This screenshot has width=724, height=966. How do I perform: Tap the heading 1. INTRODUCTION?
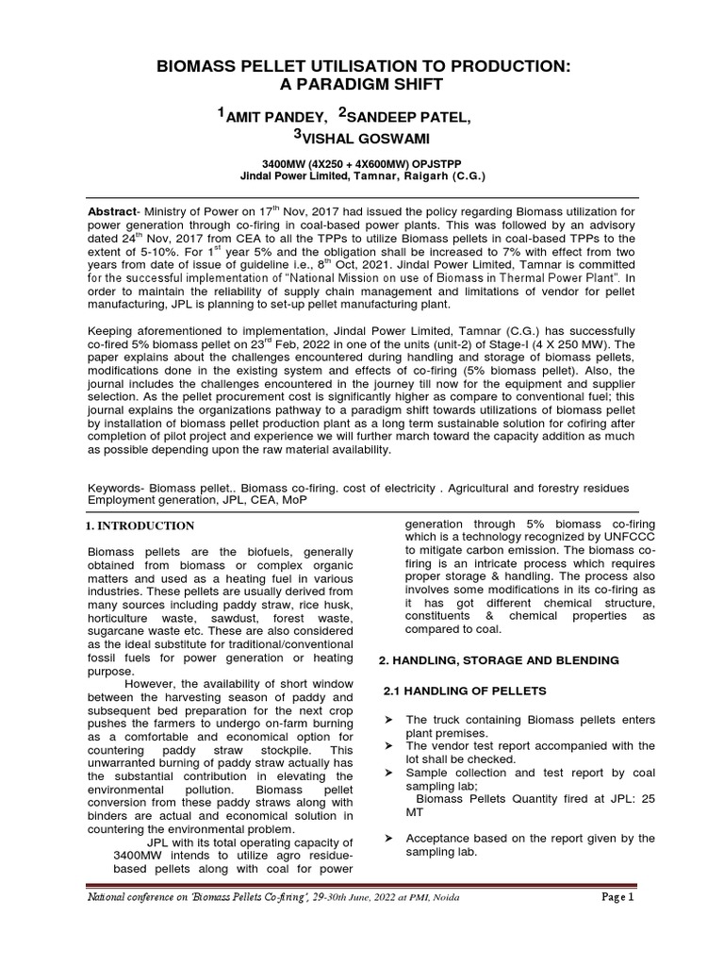click(x=140, y=525)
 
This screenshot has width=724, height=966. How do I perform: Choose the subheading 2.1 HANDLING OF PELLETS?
click(x=461, y=691)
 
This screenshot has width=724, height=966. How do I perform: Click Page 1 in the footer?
click(x=618, y=897)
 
